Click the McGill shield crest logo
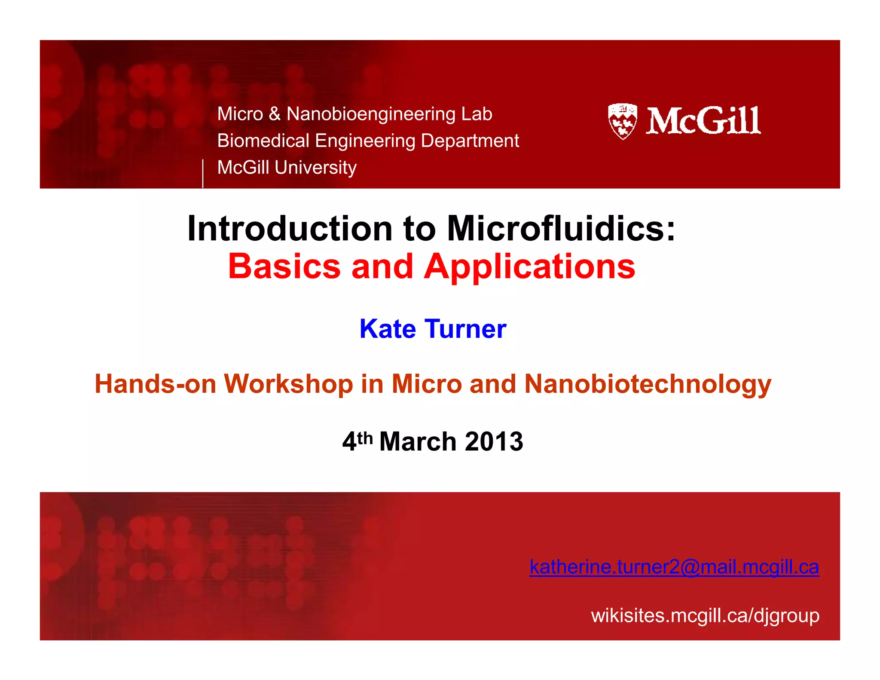click(x=622, y=121)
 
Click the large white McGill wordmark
click(x=703, y=121)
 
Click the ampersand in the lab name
click(x=275, y=114)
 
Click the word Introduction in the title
click(x=290, y=228)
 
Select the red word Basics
click(x=284, y=266)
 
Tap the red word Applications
click(x=529, y=267)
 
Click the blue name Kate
click(x=388, y=329)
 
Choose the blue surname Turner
click(x=466, y=329)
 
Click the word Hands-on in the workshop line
click(x=155, y=383)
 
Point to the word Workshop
click(x=288, y=383)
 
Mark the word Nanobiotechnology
click(x=648, y=384)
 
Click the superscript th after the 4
click(x=365, y=438)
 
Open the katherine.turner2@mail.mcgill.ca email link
click(x=674, y=567)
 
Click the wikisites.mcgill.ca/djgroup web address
click(x=705, y=616)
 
